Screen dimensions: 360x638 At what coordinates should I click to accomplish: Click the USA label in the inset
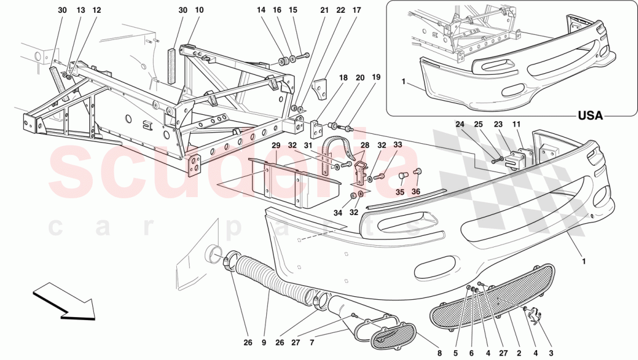590,116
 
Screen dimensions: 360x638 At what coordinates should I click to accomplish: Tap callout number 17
356,10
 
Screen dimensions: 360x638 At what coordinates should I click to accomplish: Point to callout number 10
200,10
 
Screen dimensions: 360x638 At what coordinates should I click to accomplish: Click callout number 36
416,192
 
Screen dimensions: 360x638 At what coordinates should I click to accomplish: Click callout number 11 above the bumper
516,124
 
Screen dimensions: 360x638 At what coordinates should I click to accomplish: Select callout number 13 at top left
81,10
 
